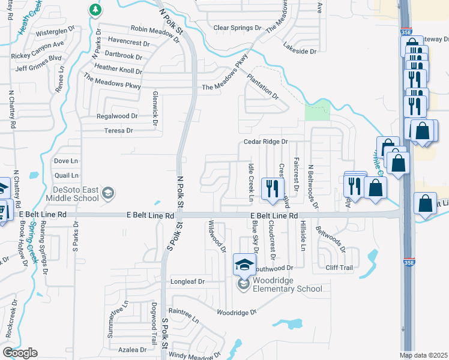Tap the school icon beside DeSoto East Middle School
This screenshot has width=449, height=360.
(x=107, y=193)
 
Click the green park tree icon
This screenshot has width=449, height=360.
(x=95, y=10)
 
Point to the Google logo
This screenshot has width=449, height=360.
(x=20, y=353)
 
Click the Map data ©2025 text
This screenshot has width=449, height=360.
(x=424, y=355)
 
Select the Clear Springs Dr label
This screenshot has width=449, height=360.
(x=238, y=28)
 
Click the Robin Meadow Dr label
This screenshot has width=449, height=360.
(x=154, y=34)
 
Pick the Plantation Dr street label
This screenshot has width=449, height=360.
(x=264, y=86)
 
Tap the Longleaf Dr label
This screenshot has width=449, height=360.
(x=188, y=281)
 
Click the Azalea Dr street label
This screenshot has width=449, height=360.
(x=133, y=349)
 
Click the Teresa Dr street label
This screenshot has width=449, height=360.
(x=118, y=130)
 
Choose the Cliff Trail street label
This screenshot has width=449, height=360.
(x=339, y=268)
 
